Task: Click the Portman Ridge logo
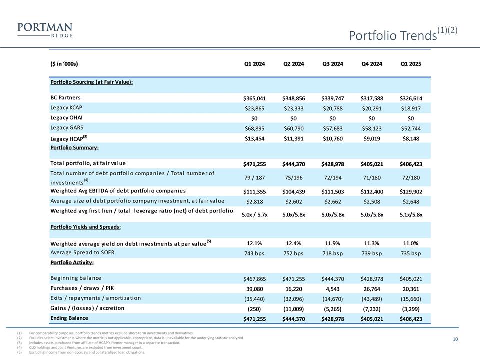[44, 30]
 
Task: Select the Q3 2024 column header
[333, 64]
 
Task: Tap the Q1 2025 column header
[411, 64]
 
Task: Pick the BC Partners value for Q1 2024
[255, 98]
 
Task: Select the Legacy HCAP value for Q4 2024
[372, 138]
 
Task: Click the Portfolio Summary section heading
[74, 148]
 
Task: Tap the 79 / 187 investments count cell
[255, 177]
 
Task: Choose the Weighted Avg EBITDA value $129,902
[411, 192]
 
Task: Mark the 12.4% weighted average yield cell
[294, 243]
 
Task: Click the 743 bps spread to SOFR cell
[255, 253]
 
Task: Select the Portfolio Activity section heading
[72, 262]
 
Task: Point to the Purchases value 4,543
[333, 288]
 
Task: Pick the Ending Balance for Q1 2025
[411, 318]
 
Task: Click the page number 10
[455, 340]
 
